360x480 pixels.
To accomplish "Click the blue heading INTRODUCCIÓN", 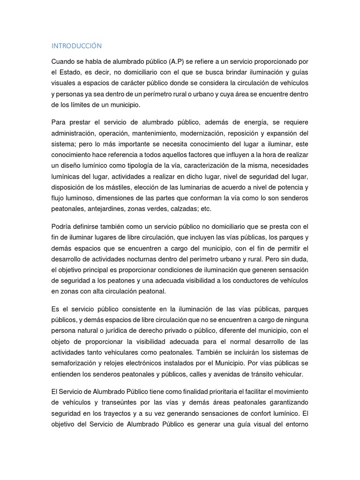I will [76, 46].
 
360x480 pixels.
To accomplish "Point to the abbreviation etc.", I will [206, 209].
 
